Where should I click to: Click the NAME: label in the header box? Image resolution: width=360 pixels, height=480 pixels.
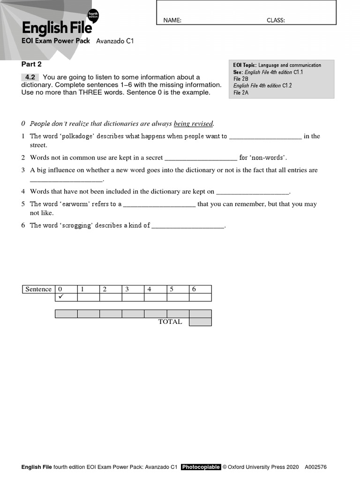click(172, 20)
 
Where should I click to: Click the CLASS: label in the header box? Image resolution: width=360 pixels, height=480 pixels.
click(276, 20)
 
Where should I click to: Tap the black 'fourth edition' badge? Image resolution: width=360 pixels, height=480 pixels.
click(93, 15)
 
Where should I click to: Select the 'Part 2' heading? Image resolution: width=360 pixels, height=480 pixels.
click(31, 64)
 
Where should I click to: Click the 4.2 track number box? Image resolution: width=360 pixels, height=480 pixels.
click(30, 77)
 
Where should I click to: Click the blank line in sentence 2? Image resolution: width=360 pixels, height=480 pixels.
click(201, 158)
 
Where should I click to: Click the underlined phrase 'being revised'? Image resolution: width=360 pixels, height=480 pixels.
click(193, 124)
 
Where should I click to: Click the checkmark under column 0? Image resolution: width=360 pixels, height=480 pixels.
click(60, 297)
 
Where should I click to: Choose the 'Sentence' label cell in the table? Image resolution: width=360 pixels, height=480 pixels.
click(38, 289)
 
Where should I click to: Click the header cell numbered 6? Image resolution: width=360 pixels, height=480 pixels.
click(200, 289)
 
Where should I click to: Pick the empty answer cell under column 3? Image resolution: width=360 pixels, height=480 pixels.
click(133, 297)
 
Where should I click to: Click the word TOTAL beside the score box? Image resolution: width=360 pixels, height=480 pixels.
click(170, 322)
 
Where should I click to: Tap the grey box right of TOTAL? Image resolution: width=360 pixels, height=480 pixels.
click(200, 322)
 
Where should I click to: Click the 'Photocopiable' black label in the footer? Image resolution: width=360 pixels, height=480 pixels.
click(201, 467)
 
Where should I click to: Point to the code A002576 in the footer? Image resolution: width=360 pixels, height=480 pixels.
click(315, 467)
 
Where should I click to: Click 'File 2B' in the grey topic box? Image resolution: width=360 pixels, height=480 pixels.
click(241, 79)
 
